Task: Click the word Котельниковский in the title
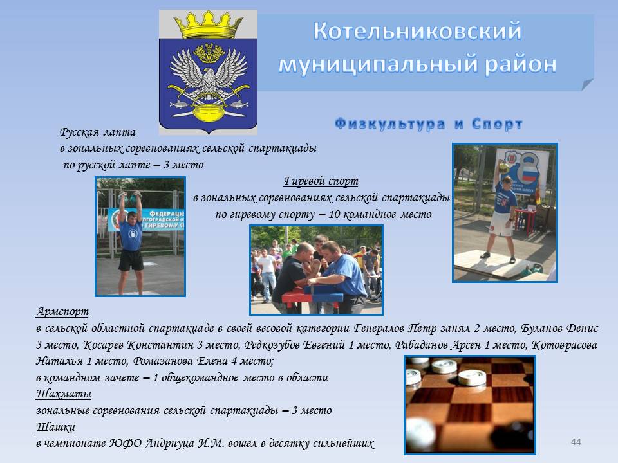click(x=417, y=31)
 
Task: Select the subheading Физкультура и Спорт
click(x=429, y=123)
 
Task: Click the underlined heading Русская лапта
click(x=97, y=132)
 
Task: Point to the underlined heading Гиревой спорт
click(x=321, y=181)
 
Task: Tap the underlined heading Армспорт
click(x=62, y=312)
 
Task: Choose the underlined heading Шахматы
click(x=64, y=394)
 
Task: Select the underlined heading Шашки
click(x=55, y=427)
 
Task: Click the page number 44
click(x=576, y=442)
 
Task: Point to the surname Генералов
click(x=379, y=328)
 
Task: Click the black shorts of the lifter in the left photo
click(x=131, y=260)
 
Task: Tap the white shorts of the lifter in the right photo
click(x=501, y=224)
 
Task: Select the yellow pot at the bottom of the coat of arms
click(x=208, y=114)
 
